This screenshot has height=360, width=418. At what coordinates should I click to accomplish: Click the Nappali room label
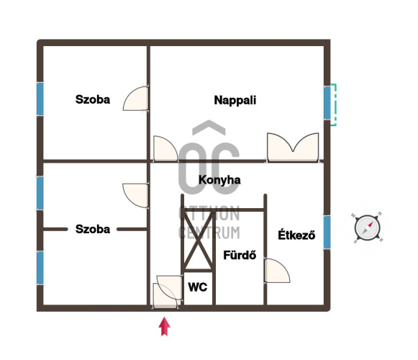pos(235,100)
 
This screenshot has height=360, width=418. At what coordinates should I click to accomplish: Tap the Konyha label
pos(219,180)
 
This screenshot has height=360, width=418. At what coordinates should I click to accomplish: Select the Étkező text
pos(296,235)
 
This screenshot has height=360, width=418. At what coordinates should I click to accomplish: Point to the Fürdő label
pos(240,255)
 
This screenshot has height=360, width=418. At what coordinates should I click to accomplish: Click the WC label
pos(198,287)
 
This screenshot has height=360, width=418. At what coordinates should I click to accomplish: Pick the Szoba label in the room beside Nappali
pos(93,99)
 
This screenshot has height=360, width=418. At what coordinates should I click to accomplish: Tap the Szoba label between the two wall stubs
pos(93,229)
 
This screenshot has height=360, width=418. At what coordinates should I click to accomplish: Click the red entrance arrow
pos(165,326)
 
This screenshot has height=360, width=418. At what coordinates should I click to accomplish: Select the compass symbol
pos(368,228)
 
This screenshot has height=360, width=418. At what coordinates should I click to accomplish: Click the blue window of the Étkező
pos(327,232)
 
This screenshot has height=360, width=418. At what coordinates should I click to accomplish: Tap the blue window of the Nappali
pos(327,103)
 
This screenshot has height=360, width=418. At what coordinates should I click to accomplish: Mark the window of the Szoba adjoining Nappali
pos(40,99)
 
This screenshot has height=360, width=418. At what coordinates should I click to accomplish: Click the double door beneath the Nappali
pos(293,148)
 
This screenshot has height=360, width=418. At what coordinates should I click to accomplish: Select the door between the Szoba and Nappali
pos(136,99)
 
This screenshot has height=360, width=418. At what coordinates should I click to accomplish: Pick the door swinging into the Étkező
pos(277,271)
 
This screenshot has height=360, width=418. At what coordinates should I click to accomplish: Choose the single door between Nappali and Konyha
pos(165,148)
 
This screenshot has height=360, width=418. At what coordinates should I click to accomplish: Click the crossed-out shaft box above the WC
pos(198,240)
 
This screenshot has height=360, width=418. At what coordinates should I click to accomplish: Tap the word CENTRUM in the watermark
pos(209,232)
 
